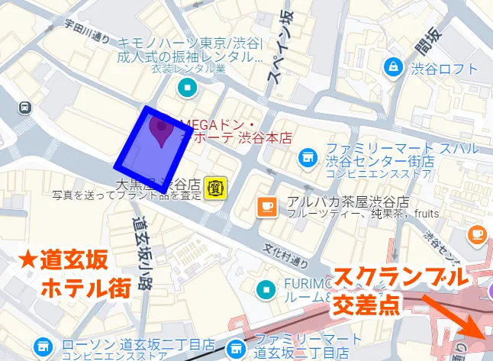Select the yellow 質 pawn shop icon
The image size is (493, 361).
pyautogui.click(x=214, y=187)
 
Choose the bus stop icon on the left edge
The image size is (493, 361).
pyautogui.click(x=25, y=108)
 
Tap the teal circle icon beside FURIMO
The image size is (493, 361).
pyautogui.click(x=266, y=288)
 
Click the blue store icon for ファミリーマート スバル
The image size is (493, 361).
pyautogui.click(x=307, y=156)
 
